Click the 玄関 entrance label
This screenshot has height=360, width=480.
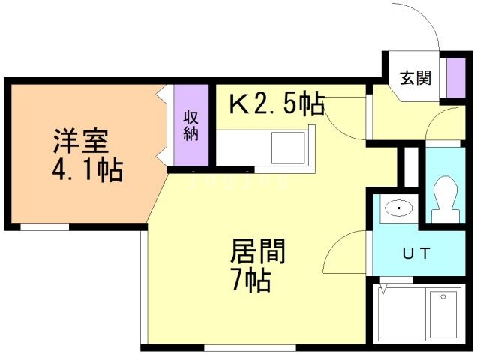(414, 77)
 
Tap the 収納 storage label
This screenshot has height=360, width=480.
(190, 125)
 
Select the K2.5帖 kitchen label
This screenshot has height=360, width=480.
(276, 104)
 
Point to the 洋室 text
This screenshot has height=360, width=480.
(80, 141)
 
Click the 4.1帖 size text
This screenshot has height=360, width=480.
(87, 172)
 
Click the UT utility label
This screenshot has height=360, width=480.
(418, 253)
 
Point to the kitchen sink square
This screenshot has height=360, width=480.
(288, 145)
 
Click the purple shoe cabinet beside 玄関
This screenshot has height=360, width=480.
(453, 77)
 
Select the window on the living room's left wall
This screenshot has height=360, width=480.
(142, 285)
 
